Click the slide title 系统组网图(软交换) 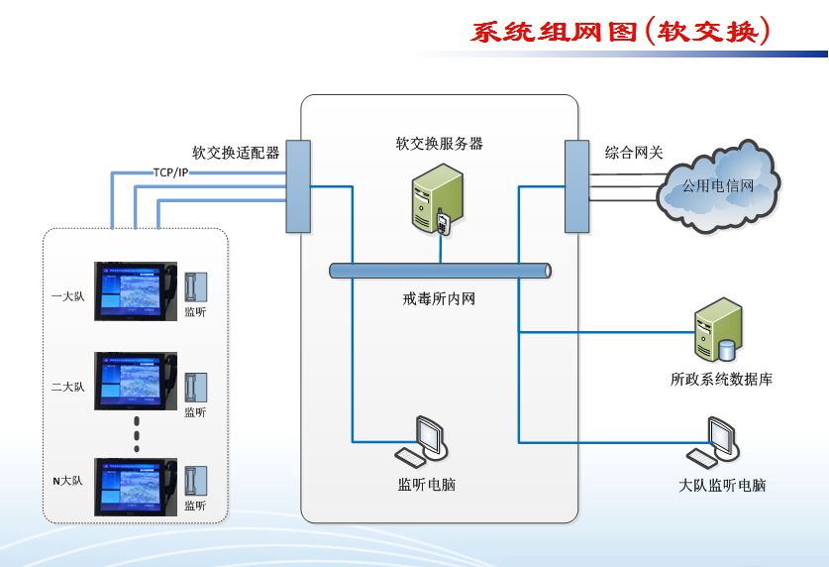[x=620, y=32]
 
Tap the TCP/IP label [x=170, y=172]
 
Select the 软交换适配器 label [x=236, y=153]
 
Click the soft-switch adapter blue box [x=298, y=185]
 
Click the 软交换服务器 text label [x=439, y=143]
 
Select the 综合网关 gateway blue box [x=576, y=185]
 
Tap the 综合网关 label [x=634, y=153]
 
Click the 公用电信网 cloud [x=718, y=187]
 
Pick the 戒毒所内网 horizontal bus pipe [x=441, y=271]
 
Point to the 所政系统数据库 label [x=721, y=379]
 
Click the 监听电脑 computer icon [x=424, y=441]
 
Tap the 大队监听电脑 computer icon [x=716, y=443]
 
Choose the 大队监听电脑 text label [x=722, y=486]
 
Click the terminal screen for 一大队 [x=135, y=290]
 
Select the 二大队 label [x=68, y=387]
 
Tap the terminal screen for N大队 [x=135, y=487]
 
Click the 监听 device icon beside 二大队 [x=195, y=384]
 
